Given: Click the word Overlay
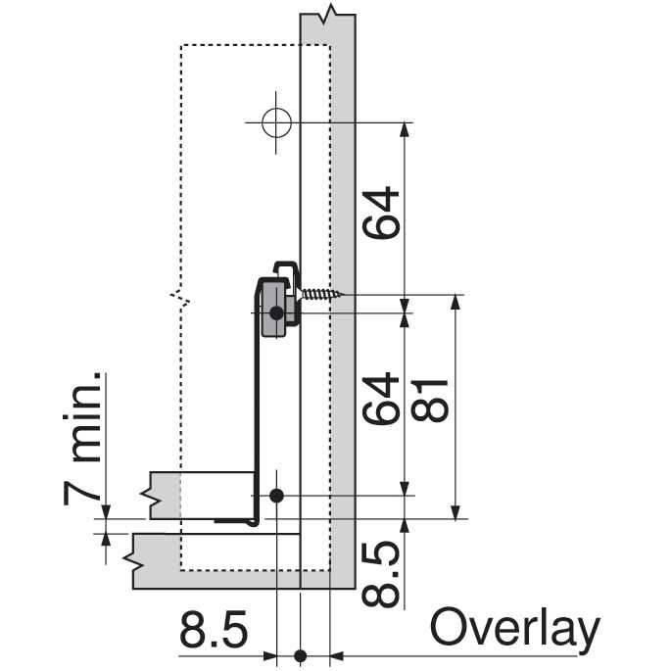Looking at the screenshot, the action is (x=515, y=631).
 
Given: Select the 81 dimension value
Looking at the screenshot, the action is (x=429, y=401).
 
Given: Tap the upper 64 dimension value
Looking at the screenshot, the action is (x=380, y=213).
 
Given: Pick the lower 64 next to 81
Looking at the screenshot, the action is (x=380, y=399).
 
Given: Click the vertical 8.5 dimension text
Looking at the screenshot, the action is (x=380, y=573).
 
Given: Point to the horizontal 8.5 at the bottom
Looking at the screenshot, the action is (x=214, y=630).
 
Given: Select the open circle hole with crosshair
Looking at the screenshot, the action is (x=276, y=122).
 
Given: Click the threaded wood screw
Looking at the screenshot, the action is (x=322, y=294).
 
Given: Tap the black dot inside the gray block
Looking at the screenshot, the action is (x=276, y=313).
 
